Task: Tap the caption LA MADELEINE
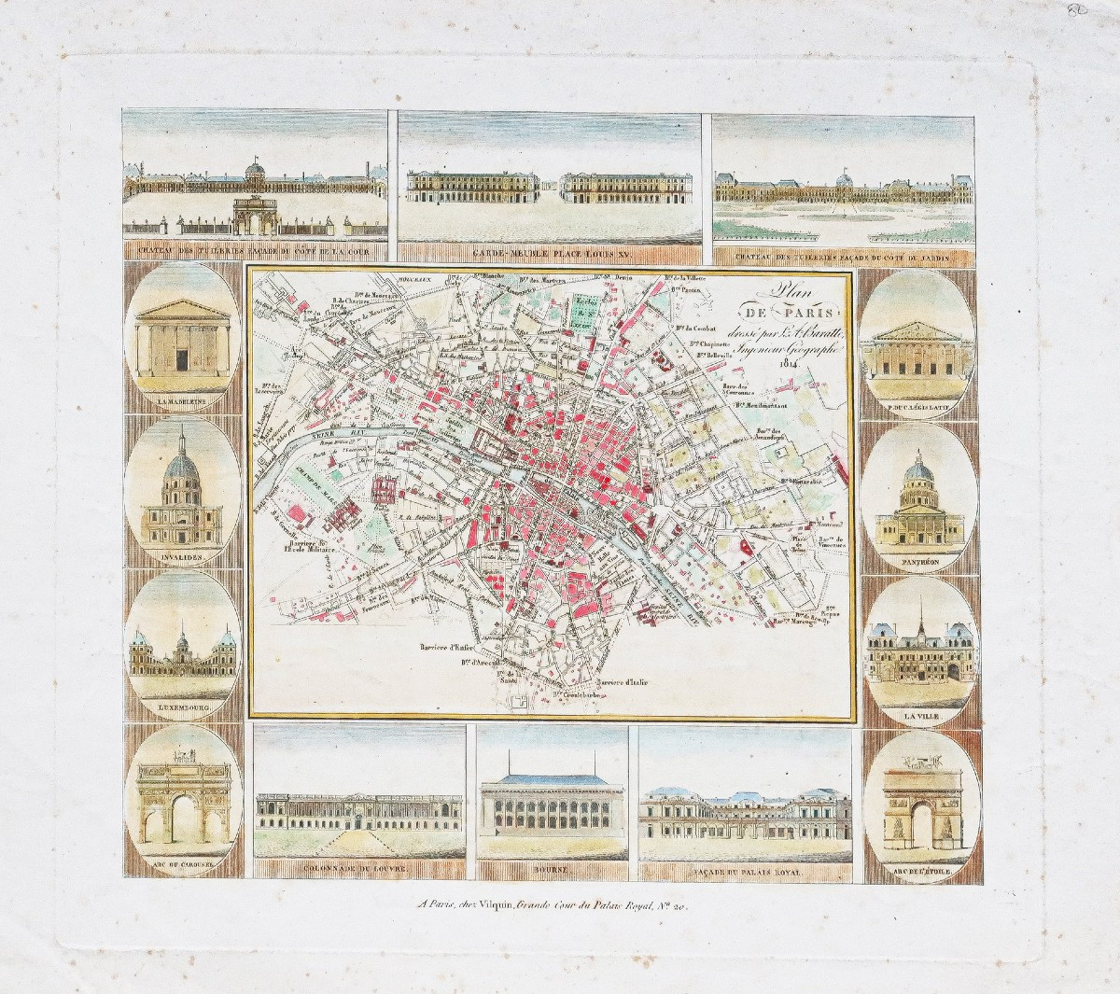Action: coord(182,402)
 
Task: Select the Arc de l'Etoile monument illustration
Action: coord(920,802)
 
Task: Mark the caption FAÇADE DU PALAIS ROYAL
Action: coord(744,872)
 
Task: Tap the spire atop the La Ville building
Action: coord(919,607)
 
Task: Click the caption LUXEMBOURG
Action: coord(182,708)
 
